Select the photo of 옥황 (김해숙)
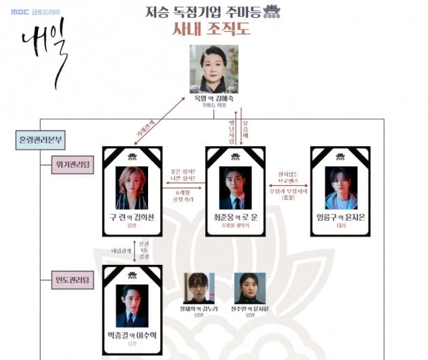click(214, 69)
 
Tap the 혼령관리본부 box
click(42, 140)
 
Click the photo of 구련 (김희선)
click(132, 187)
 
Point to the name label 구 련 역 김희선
click(132, 217)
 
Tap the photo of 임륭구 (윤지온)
click(340, 187)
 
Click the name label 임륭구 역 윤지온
click(340, 217)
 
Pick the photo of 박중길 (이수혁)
click(132, 306)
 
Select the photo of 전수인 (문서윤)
click(250, 288)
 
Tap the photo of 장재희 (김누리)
click(199, 288)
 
